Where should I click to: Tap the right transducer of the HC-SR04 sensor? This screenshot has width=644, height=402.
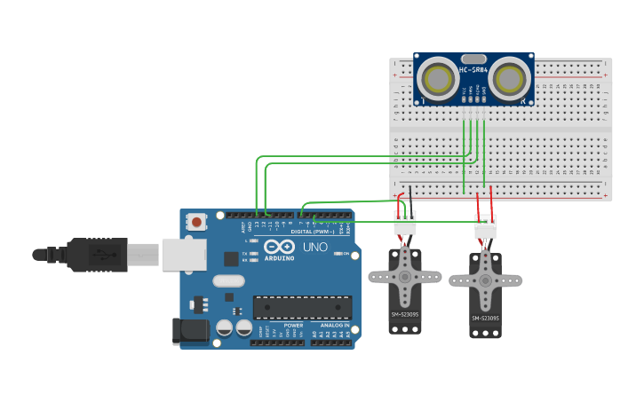509,77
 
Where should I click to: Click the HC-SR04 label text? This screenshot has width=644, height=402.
474,70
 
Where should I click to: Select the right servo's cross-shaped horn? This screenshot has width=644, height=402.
485,281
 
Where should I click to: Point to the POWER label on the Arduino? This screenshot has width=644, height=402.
293,326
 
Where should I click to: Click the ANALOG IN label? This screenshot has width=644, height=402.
334,326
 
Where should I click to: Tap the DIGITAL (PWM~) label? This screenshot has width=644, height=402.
311,231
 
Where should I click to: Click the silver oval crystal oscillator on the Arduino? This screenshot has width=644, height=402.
227,280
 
